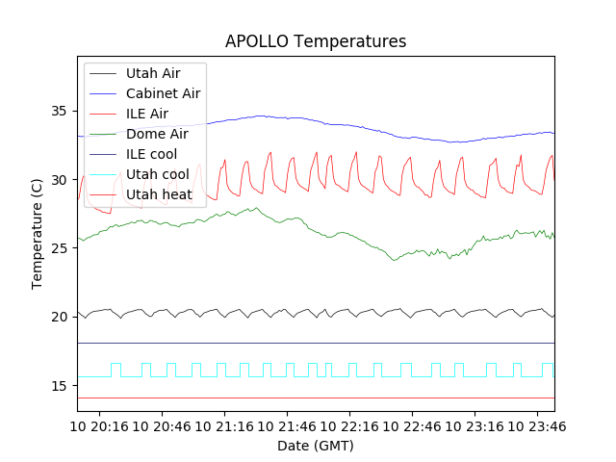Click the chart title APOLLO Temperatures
316,41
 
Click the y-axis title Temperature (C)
38,234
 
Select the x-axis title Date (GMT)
316,446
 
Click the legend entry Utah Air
153,73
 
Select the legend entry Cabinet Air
163,93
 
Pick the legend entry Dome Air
157,134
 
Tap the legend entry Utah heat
159,194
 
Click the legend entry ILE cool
151,154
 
